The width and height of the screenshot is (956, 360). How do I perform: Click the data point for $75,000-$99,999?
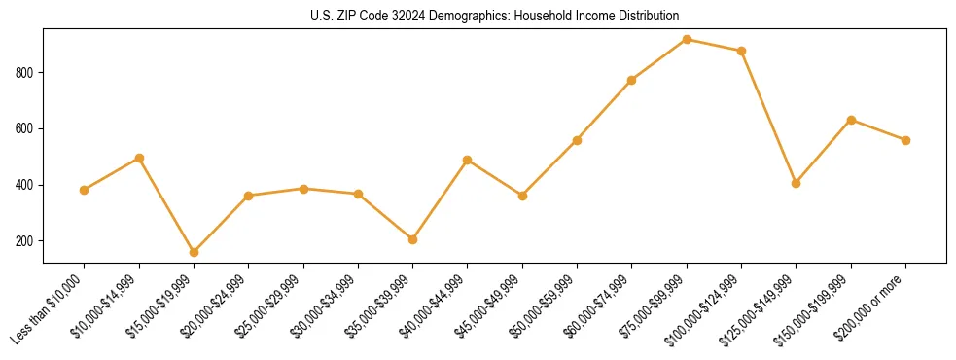[687, 40]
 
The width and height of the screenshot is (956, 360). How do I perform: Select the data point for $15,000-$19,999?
[194, 252]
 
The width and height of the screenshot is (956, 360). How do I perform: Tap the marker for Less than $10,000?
[85, 190]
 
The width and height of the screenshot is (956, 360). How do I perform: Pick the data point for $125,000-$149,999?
[797, 183]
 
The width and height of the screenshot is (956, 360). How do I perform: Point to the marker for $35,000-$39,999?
[413, 239]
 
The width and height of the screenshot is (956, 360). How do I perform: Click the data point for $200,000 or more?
[905, 140]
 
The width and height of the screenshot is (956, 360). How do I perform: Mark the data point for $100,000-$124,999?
[741, 51]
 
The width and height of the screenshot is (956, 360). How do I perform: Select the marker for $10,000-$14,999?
[139, 158]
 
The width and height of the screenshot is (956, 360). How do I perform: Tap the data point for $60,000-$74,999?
[632, 80]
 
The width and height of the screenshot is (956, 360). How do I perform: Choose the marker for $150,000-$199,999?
[851, 120]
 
